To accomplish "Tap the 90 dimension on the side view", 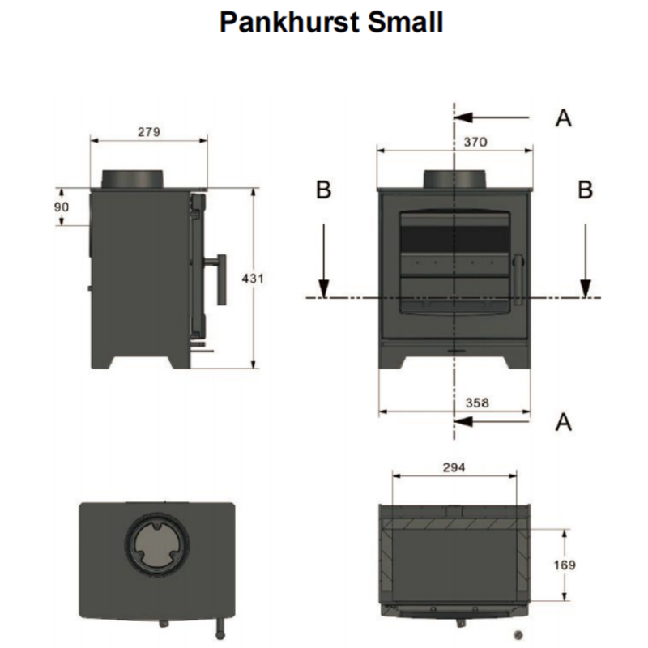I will (x=62, y=207).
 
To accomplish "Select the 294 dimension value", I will (x=455, y=468).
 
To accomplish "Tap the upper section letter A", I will (x=564, y=118).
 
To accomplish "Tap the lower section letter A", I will (x=564, y=421).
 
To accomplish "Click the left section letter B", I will (x=323, y=190).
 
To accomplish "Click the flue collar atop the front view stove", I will (x=455, y=179).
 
